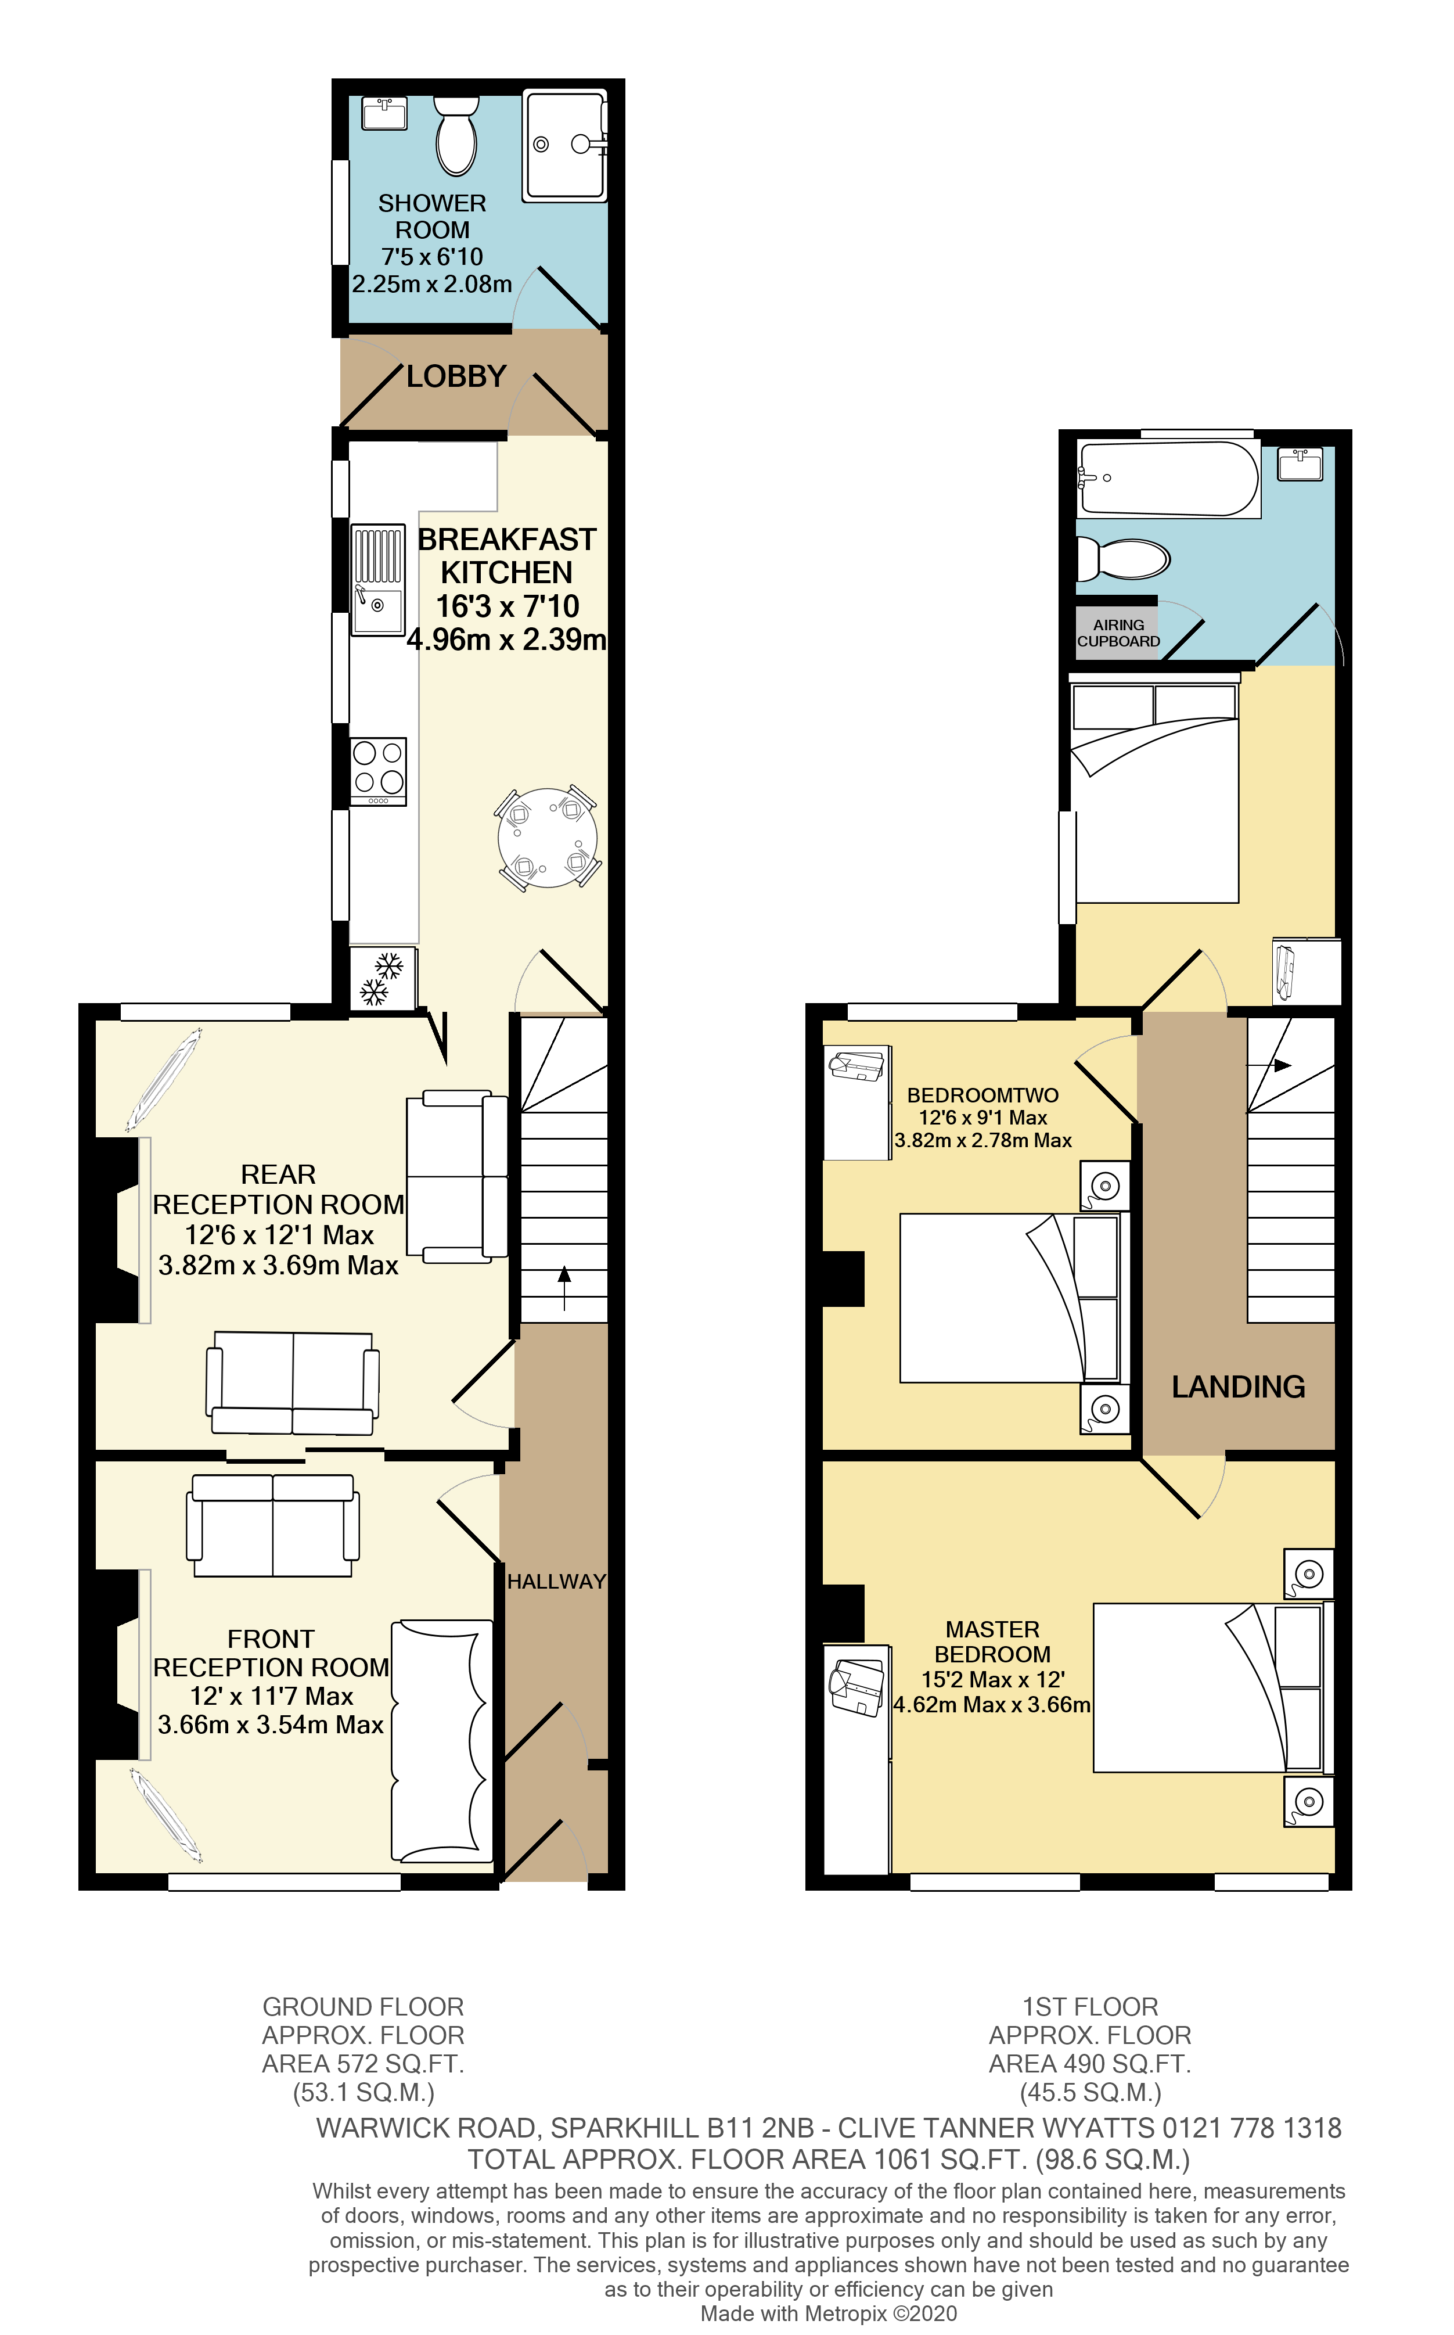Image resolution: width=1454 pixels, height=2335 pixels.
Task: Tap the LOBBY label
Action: point(456,376)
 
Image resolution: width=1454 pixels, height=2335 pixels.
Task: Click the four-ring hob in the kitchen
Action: point(378,770)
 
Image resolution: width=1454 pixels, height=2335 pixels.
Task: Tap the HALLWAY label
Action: point(556,1581)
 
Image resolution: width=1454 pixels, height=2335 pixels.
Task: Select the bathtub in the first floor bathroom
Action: point(1167,478)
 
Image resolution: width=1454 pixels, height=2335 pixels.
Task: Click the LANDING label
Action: point(1237,1386)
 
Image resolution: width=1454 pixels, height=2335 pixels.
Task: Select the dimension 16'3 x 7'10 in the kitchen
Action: point(507,606)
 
